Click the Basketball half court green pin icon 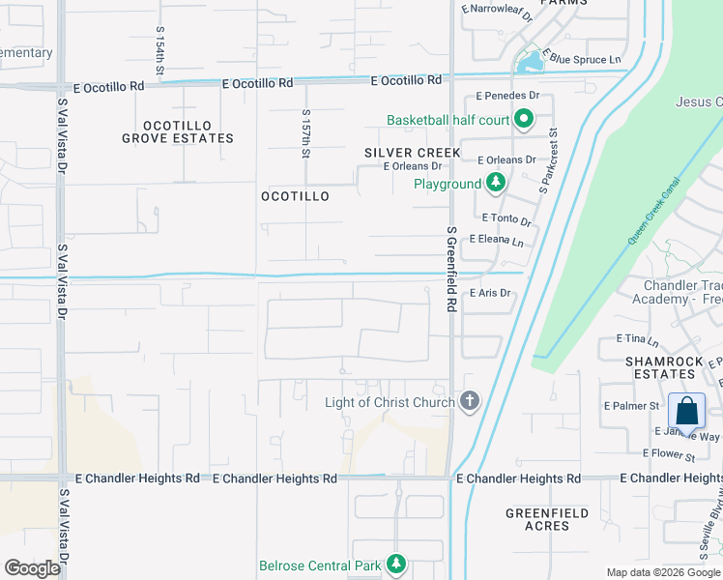[x=524, y=120]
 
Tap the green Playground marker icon [x=495, y=183]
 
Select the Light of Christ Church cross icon [x=469, y=401]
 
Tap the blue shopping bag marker [x=686, y=411]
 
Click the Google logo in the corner [x=32, y=568]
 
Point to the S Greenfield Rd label [x=450, y=269]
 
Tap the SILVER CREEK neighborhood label [x=412, y=153]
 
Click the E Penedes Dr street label [x=507, y=97]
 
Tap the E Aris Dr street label [x=489, y=293]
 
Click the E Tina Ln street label [x=637, y=341]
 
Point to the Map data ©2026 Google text [x=663, y=572]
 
